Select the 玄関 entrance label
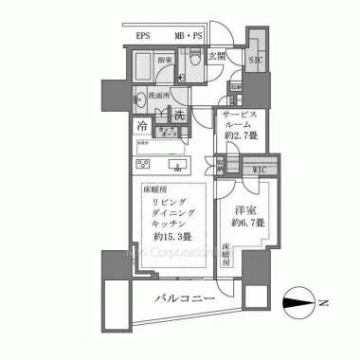(218, 57)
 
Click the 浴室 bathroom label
(164, 60)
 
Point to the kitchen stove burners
(173, 164)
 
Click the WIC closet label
(259, 171)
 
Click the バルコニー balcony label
(184, 300)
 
